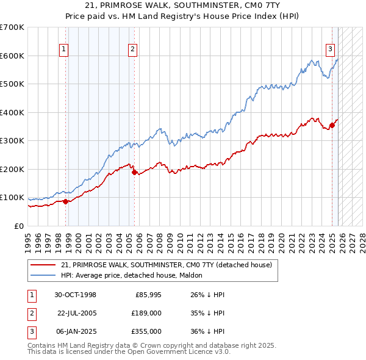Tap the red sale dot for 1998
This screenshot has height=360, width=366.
pos(66,201)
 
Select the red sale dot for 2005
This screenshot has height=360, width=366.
pos(134,172)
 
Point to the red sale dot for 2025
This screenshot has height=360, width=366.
pos(332,126)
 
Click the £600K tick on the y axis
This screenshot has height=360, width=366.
pos(12,56)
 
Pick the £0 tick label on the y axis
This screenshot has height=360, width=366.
pos(20,226)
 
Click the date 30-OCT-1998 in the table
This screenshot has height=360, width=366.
pos(76,295)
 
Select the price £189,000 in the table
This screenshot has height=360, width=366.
pos(146,313)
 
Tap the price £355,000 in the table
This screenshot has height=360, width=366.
pos(146,331)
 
